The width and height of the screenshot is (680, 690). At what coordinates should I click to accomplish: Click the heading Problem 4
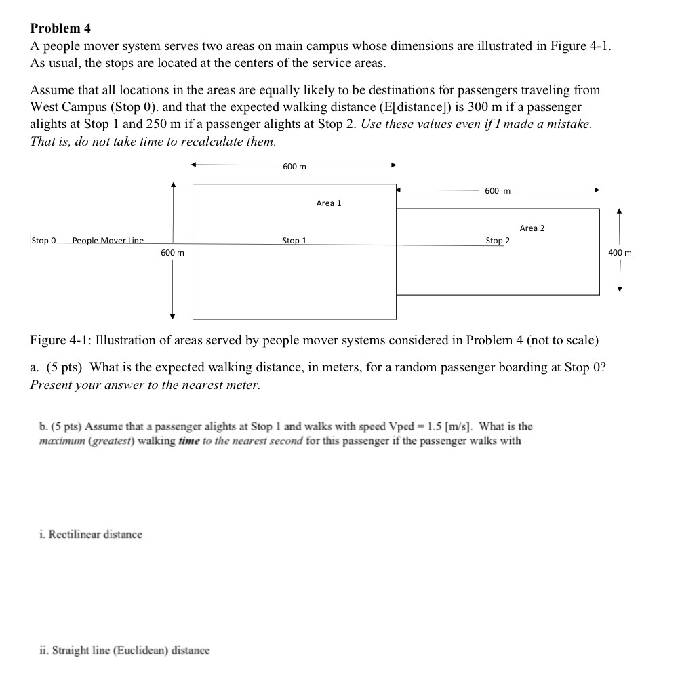pos(60,28)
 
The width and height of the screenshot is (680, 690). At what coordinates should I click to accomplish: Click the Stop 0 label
pos(43,240)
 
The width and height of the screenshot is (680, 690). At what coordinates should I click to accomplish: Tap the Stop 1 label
pos(294,240)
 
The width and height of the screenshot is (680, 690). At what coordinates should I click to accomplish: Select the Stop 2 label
pos(498,240)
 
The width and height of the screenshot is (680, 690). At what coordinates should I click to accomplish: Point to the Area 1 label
pos(329,203)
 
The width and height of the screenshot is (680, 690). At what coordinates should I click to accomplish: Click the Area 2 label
pos(532,228)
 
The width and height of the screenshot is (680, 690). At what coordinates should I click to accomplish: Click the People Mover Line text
pos(108,240)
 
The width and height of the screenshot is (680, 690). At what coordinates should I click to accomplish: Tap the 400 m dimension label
pos(620,253)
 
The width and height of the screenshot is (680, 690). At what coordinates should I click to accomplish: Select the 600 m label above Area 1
pos(294,167)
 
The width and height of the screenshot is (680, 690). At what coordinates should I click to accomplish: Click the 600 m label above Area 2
pos(498,191)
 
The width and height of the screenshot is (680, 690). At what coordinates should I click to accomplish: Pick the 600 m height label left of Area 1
pos(172,253)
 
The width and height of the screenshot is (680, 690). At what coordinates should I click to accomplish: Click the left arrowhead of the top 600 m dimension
pos(194,164)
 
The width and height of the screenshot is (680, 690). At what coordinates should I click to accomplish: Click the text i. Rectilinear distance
pos(91,535)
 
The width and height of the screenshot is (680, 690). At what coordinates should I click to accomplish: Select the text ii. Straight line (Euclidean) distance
pos(125,651)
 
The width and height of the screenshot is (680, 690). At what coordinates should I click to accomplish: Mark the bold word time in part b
pos(189,441)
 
